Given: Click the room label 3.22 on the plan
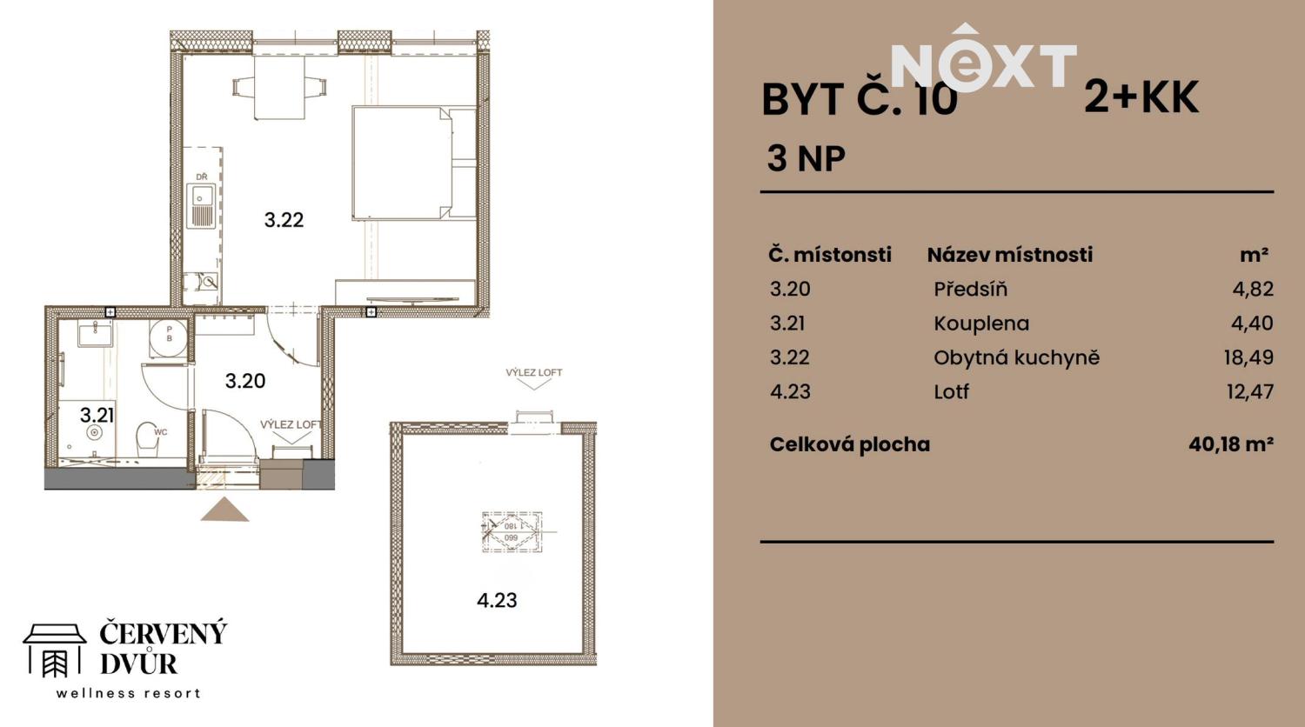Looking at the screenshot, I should tap(284, 220).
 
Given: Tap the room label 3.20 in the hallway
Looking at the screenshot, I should tap(244, 381).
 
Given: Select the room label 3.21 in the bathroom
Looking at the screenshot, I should tap(97, 415).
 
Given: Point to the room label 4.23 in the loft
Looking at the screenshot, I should tap(497, 600).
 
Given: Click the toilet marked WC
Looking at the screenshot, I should tap(149, 441).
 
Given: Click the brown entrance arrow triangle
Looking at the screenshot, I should tap(224, 510).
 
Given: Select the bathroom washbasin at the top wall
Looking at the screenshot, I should tap(94, 334).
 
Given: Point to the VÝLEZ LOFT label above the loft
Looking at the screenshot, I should tap(533, 372).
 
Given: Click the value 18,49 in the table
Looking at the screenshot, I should tap(1248, 357).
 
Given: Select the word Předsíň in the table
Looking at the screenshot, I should tap(970, 289).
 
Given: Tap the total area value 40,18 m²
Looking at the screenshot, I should tap(1230, 444).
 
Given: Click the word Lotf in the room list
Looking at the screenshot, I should tap(951, 391).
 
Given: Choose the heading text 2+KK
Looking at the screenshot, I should tap(1141, 97).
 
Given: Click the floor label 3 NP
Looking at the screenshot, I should tap(806, 158).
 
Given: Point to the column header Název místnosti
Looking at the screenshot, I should tap(1009, 255).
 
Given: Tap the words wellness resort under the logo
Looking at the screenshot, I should tap(129, 693).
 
